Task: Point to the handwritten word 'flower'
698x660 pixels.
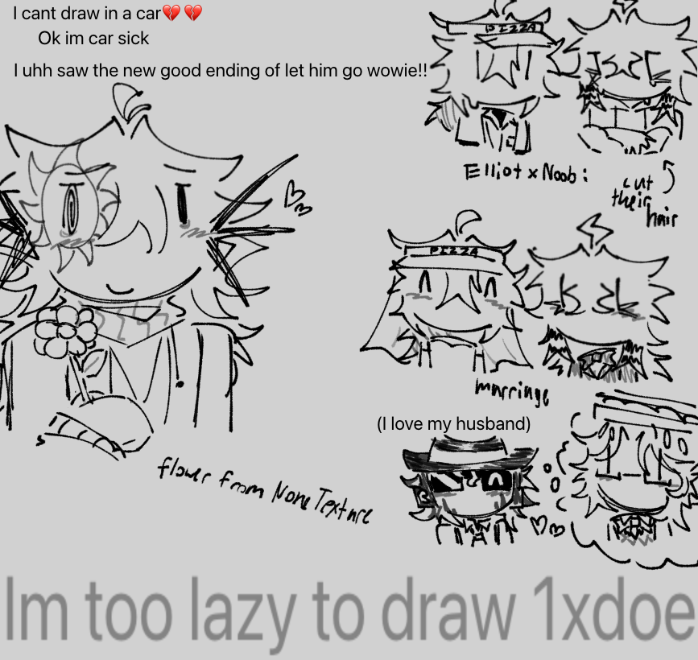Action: pyautogui.click(x=185, y=471)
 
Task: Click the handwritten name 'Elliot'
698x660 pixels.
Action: pyautogui.click(x=492, y=171)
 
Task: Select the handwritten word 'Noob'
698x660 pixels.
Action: pyautogui.click(x=560, y=173)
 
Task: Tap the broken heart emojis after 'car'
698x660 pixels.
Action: pyautogui.click(x=182, y=13)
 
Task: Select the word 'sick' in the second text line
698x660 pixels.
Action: pyautogui.click(x=131, y=38)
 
